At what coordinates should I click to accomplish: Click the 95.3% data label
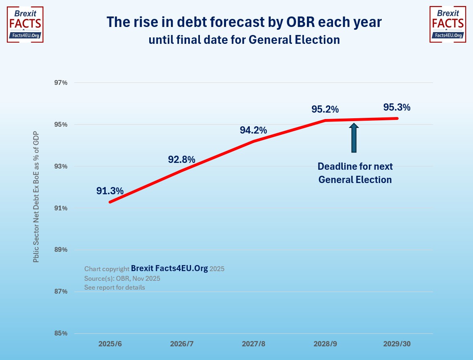397,107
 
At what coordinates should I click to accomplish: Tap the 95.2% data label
325,109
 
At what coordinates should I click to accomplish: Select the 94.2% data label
253,130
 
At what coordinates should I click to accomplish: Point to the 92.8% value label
181,159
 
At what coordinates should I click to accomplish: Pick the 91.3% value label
110,191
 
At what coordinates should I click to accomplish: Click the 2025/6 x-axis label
110,344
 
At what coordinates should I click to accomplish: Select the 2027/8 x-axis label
253,344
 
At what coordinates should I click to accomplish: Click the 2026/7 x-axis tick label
182,344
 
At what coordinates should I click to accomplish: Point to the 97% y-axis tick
61,82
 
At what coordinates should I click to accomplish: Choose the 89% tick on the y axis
61,250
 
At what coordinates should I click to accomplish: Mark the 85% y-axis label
61,333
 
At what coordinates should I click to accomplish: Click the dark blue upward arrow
354,138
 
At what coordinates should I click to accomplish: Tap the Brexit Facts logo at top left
25,24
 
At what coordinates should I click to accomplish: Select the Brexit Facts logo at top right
448,24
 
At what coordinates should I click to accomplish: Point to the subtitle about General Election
244,40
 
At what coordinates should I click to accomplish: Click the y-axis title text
36,197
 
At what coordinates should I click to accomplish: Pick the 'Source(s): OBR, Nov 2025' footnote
122,278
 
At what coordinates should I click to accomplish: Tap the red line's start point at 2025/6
110,202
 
